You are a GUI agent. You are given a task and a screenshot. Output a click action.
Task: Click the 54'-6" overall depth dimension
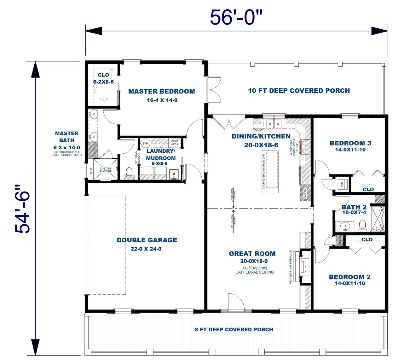tap(23, 209)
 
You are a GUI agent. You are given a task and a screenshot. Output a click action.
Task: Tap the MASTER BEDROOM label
tap(161, 91)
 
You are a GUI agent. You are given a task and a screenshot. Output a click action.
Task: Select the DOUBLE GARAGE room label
tap(147, 240)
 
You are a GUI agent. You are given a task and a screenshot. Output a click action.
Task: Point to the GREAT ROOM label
tap(252, 254)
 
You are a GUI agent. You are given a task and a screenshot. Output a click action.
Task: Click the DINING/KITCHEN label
tap(261, 136)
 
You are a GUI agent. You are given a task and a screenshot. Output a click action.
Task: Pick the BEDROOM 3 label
tap(350, 143)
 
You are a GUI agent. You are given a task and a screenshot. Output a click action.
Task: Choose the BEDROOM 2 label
tap(350, 277)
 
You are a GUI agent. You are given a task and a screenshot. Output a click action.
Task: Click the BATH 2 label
tap(354, 207)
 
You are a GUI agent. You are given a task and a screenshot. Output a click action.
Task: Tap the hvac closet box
tap(342, 184)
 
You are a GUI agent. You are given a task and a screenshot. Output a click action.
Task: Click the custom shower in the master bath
tap(105, 170)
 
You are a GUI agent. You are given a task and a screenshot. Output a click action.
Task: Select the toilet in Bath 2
tap(362, 225)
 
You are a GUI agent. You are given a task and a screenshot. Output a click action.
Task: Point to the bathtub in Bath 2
tap(377, 219)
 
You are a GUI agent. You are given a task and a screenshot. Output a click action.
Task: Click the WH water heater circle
tap(145, 144)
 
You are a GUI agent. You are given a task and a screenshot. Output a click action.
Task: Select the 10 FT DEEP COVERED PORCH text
tap(299, 91)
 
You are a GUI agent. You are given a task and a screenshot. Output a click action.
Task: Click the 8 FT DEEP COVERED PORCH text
tap(234, 330)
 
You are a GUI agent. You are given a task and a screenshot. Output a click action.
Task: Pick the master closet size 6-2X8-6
tap(103, 82)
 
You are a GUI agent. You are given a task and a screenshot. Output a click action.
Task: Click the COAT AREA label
tap(175, 143)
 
